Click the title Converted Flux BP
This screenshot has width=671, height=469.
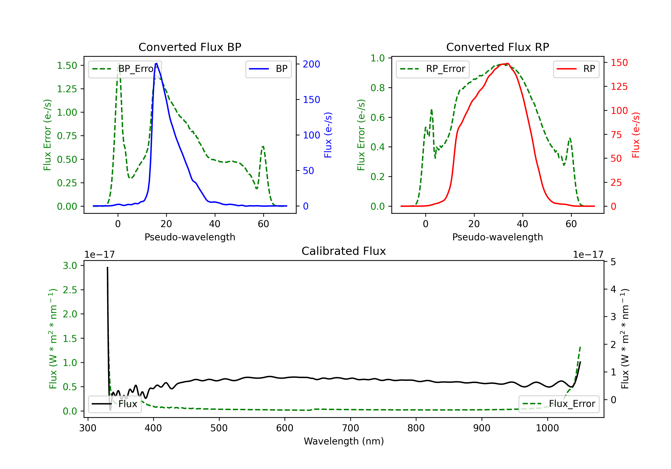190,47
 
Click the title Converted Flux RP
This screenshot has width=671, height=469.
497,47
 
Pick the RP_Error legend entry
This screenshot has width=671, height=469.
433,69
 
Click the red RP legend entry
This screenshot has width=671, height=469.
576,69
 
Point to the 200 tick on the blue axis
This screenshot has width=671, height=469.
311,64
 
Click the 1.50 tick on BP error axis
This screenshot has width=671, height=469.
67,65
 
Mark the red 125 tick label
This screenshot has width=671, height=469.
619,86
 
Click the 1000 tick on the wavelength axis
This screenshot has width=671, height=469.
547,428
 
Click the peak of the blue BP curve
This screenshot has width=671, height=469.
156,63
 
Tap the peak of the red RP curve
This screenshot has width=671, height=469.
507,64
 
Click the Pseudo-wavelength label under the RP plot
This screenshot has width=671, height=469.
497,237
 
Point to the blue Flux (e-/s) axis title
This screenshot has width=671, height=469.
328,135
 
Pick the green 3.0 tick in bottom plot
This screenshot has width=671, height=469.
70,266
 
